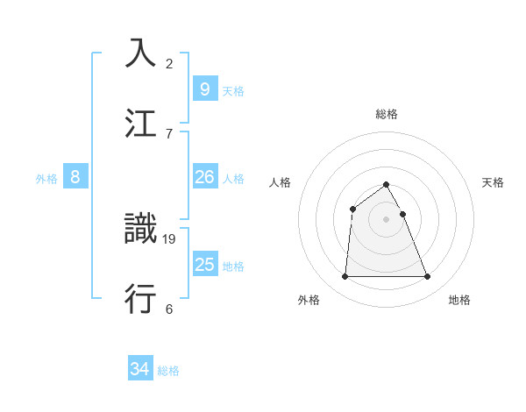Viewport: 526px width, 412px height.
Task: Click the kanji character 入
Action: point(142,53)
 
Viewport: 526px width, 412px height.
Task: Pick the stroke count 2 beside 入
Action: point(169,63)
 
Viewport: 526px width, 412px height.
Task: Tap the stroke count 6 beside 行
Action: point(169,309)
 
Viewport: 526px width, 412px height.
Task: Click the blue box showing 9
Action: point(204,89)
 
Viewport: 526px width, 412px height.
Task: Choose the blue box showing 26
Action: point(204,177)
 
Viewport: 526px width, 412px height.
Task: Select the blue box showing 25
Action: point(204,265)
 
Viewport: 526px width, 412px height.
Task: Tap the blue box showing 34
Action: point(139,369)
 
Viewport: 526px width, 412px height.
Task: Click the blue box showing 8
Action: point(75,177)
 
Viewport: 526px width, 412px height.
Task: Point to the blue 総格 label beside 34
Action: point(168,371)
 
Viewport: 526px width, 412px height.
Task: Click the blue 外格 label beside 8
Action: point(46,179)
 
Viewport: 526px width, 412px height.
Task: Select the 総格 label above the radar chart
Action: point(387,114)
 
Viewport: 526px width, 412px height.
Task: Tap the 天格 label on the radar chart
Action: point(493,182)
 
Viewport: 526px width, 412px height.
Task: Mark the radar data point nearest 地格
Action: point(428,277)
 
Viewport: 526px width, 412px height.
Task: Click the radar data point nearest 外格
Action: point(345,277)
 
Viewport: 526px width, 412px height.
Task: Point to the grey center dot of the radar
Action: point(387,219)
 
